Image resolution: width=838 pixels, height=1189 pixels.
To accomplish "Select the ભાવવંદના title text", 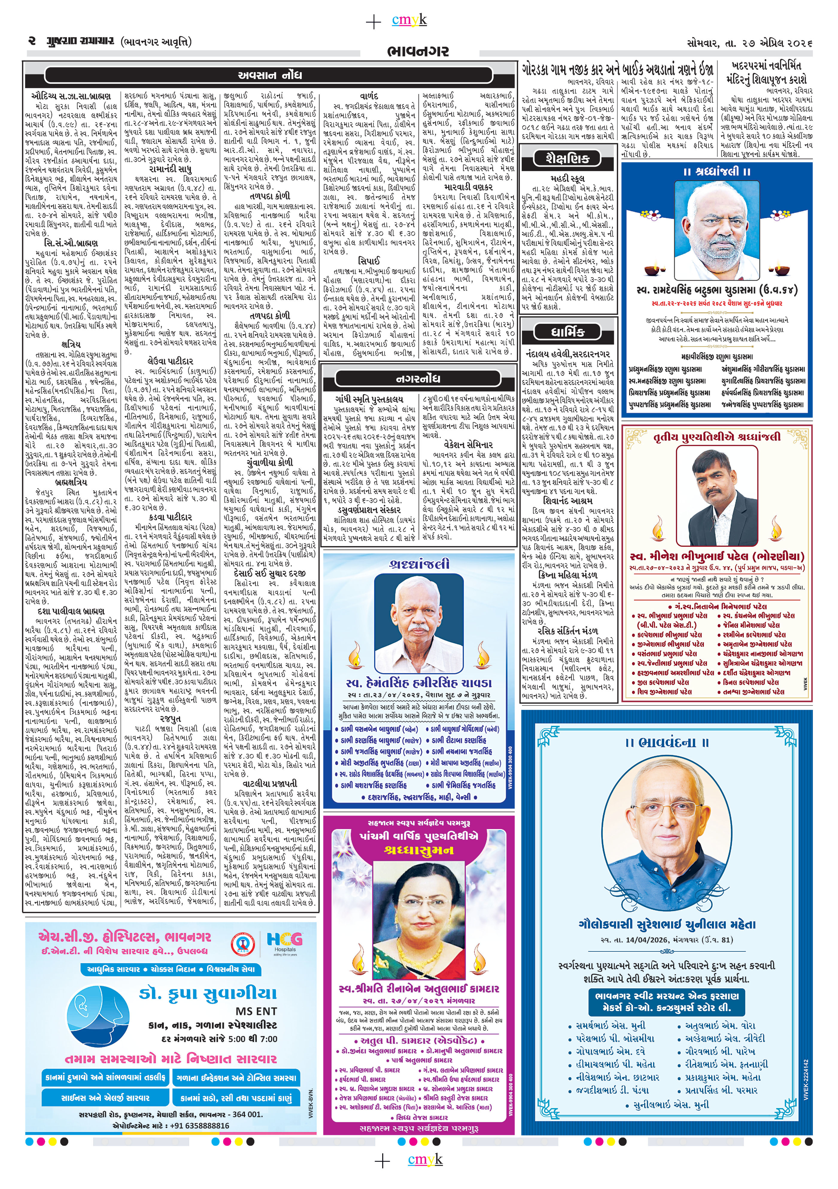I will pos(667,742).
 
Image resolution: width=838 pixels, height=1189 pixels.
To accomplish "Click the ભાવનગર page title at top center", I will pos(418,51).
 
